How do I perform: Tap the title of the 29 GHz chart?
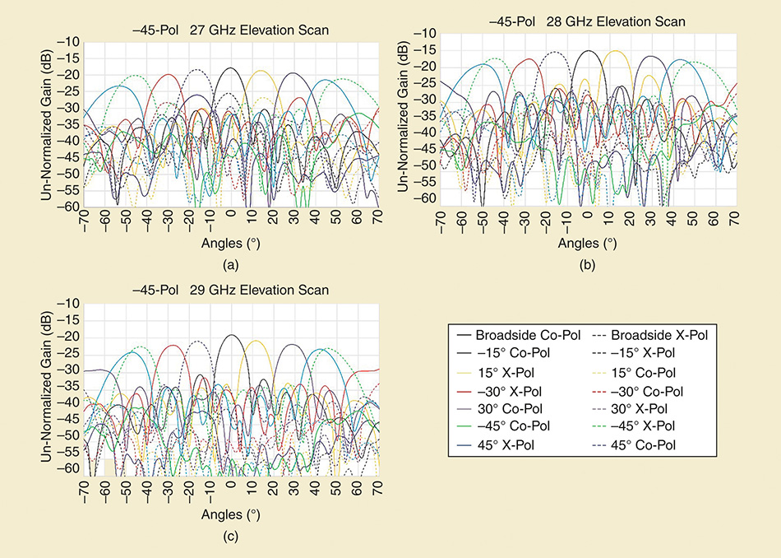coord(231,291)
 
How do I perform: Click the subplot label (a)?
coord(231,265)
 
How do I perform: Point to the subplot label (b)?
coord(587,265)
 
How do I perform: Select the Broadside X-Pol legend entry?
coord(650,336)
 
